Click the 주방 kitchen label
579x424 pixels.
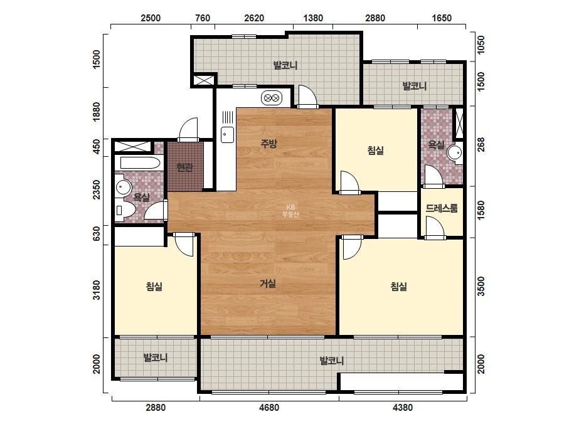click(x=268, y=143)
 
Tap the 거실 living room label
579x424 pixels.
click(x=268, y=284)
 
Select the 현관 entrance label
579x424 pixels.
click(x=184, y=167)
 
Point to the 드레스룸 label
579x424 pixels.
click(x=442, y=208)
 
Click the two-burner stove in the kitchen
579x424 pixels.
click(x=272, y=98)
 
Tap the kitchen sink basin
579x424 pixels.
click(x=227, y=134)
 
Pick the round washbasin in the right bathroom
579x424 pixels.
click(x=455, y=152)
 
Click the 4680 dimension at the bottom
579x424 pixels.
click(x=269, y=408)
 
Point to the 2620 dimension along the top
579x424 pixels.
click(x=254, y=18)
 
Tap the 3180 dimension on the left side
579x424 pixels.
click(x=97, y=290)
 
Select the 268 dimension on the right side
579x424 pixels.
click(x=481, y=144)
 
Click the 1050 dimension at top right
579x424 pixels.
click(x=481, y=45)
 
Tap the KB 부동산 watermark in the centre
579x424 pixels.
click(x=290, y=211)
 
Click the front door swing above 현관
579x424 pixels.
click(x=188, y=129)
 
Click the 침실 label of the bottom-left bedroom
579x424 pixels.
click(x=154, y=286)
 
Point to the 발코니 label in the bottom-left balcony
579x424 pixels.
click(x=156, y=358)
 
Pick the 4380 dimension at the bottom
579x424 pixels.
click(x=403, y=408)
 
